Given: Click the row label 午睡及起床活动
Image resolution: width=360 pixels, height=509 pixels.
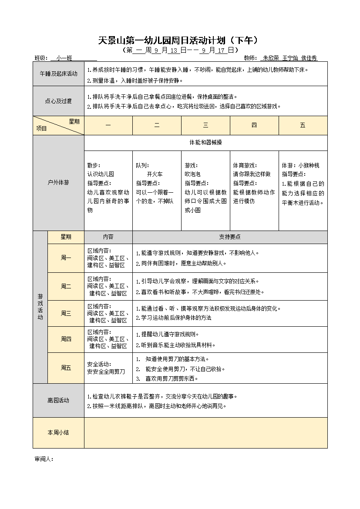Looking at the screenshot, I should click(58, 74).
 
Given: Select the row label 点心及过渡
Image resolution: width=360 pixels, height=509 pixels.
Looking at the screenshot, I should click(58, 101).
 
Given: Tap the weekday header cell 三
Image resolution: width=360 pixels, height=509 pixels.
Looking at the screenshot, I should click(205, 125).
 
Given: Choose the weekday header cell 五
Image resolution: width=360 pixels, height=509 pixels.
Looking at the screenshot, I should click(303, 125).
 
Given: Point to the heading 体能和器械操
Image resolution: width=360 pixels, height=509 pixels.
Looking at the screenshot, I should click(205, 142).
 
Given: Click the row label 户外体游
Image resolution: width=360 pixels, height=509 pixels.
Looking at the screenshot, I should click(58, 183).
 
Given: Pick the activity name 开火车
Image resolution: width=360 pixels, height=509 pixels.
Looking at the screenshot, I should click(155, 174).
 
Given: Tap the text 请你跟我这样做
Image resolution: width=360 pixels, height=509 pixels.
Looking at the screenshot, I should click(252, 174).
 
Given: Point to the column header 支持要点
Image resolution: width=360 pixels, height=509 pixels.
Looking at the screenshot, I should click(230, 237).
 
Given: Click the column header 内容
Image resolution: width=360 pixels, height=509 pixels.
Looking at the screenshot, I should click(108, 237).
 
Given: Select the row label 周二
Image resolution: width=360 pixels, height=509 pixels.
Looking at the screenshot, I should click(66, 286).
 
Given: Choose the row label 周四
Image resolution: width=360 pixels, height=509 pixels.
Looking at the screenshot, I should click(66, 339).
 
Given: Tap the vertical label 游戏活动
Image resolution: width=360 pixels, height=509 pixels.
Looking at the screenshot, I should click(40, 306).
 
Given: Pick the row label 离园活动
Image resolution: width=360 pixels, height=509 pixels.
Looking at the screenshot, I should click(58, 400).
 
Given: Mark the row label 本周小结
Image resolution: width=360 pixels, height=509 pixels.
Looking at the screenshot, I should click(58, 432).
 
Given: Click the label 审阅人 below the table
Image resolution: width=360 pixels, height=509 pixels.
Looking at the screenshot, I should click(44, 459).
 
